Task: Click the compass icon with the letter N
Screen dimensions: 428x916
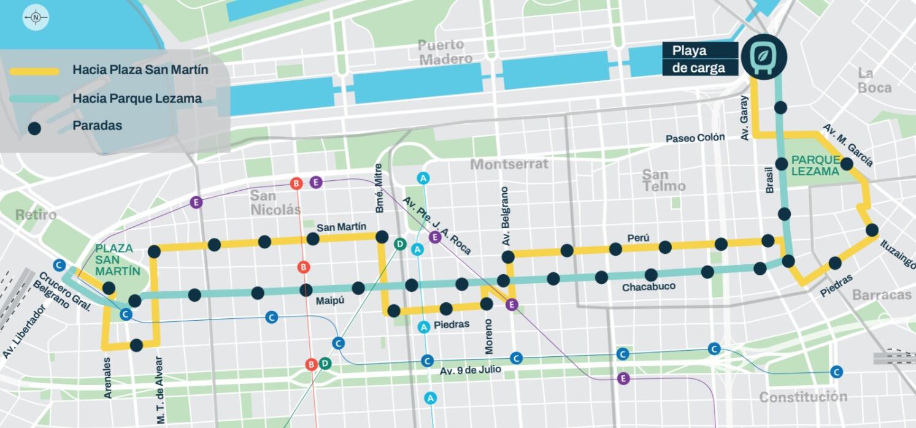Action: point(36,18)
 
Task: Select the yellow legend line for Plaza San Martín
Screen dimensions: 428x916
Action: point(34,71)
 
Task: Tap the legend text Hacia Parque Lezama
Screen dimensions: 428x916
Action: point(137,98)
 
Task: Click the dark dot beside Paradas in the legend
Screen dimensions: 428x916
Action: point(34,128)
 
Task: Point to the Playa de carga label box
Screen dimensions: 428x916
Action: point(699,59)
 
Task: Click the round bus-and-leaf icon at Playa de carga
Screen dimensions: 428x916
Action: point(763,57)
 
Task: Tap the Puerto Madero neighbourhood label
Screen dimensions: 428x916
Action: point(445,52)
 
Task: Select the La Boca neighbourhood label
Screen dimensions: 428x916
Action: point(874,80)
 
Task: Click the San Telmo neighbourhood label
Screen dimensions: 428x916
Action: point(663,180)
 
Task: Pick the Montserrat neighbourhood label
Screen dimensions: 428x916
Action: point(509,164)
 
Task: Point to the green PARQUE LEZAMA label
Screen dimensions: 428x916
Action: point(815,166)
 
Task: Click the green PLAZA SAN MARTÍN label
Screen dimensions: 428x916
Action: point(118,259)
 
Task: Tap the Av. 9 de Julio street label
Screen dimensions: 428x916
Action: point(470,370)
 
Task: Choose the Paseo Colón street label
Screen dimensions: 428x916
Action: point(695,138)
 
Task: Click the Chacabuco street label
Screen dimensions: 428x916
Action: point(649,287)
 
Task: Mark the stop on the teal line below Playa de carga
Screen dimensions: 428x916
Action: point(780,108)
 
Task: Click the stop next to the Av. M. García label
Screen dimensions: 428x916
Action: point(847,164)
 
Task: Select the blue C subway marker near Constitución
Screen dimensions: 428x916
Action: point(836,372)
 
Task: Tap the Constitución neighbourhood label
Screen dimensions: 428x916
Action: point(802,397)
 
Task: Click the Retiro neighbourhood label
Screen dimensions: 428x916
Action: point(36,215)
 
